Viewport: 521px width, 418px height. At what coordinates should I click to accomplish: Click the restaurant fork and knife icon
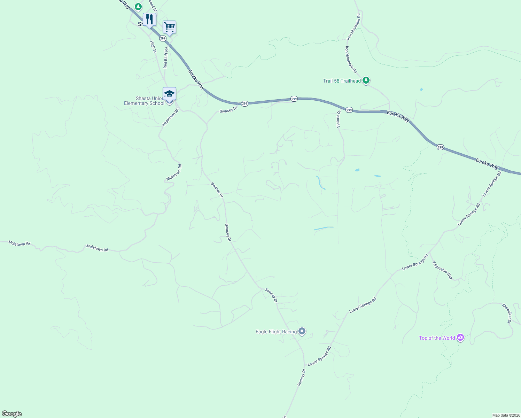[149, 20]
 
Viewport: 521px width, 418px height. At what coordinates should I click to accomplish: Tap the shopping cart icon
[169, 27]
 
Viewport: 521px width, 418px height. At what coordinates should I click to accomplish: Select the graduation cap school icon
[169, 94]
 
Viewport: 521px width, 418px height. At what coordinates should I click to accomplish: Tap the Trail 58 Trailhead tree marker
[366, 80]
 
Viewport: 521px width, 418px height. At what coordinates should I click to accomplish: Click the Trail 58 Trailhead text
[342, 81]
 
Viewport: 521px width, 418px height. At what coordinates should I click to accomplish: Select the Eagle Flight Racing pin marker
[302, 331]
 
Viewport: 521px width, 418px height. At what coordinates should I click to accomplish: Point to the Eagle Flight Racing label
[276, 332]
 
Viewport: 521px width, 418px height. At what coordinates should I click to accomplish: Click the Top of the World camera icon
[460, 337]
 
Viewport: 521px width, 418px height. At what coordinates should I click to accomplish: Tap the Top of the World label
[437, 338]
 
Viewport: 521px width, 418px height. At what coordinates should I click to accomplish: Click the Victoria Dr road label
[338, 119]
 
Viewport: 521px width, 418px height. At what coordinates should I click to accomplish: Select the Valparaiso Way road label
[442, 270]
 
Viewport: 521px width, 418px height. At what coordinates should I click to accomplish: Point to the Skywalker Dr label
[506, 313]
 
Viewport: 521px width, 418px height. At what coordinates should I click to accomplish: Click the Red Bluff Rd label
[166, 58]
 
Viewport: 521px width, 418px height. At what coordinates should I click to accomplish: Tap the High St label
[153, 47]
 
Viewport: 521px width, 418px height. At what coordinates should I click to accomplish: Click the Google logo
[12, 414]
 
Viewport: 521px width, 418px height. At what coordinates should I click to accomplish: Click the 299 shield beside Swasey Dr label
[244, 103]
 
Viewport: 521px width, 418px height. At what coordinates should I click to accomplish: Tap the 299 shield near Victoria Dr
[349, 110]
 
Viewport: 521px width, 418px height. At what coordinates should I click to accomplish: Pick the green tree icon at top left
[138, 6]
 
